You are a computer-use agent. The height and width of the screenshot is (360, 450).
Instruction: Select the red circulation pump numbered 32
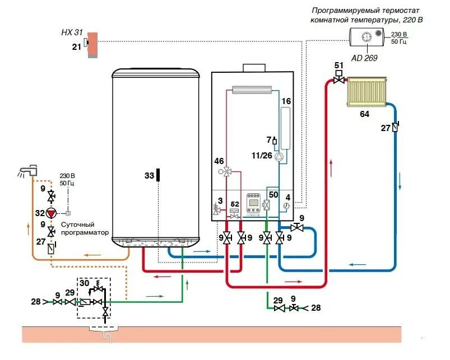pyautogui.click(x=51, y=213)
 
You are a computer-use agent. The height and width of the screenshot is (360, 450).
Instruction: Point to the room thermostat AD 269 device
pyautogui.click(x=367, y=38)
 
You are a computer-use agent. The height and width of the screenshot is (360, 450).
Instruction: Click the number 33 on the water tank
pyautogui.click(x=149, y=176)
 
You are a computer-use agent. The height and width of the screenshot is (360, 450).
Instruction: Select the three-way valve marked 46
pyautogui.click(x=227, y=172)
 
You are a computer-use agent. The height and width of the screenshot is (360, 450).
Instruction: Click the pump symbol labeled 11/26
pyautogui.click(x=279, y=156)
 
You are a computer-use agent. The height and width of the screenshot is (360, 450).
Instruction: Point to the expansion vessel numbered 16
pyautogui.click(x=286, y=129)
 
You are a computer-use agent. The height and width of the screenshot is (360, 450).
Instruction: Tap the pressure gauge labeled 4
pyautogui.click(x=286, y=205)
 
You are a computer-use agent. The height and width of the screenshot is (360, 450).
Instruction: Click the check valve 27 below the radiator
pyautogui.click(x=395, y=127)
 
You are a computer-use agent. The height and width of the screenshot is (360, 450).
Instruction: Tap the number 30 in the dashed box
pyautogui.click(x=85, y=284)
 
